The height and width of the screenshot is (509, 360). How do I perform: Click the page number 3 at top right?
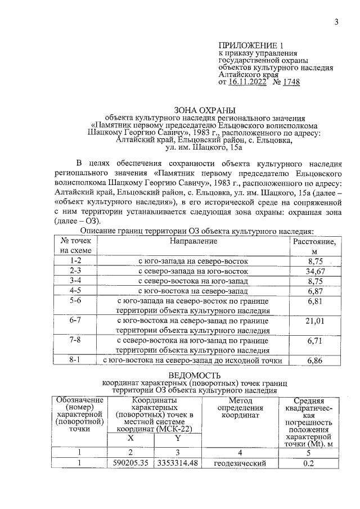pos(336,22)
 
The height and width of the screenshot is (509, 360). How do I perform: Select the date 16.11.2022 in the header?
pos(249,82)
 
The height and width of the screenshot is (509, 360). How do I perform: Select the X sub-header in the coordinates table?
pos(130,438)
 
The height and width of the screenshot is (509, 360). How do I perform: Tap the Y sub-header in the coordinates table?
pos(177,438)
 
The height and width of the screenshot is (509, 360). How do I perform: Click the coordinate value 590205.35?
pos(130,463)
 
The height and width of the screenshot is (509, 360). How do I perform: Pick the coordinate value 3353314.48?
pos(177,463)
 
